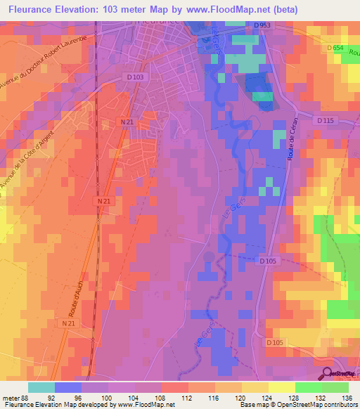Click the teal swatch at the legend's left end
41,387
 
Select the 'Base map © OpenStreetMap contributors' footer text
298,404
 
